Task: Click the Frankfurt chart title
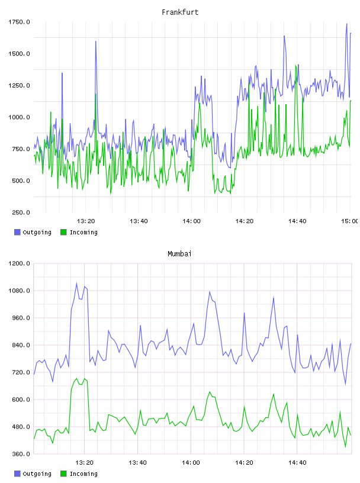point(180,12)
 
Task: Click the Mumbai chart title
point(179,254)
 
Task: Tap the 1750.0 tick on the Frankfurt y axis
point(19,22)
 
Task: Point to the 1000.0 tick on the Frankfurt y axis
point(19,117)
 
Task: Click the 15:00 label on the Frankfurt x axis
point(349,221)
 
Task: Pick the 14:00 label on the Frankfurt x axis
point(191,221)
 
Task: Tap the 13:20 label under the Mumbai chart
point(84,462)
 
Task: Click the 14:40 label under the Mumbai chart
point(297,462)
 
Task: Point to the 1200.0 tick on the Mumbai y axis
point(19,263)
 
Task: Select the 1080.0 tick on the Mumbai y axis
point(19,291)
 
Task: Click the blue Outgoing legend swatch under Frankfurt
point(17,232)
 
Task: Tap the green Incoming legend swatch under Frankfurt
point(63,232)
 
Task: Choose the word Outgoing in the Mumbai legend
point(37,474)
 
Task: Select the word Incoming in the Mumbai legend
point(83,474)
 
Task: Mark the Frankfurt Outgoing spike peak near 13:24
point(95,41)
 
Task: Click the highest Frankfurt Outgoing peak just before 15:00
point(346,24)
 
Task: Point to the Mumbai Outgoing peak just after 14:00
point(210,292)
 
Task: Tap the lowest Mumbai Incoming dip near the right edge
point(346,447)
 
